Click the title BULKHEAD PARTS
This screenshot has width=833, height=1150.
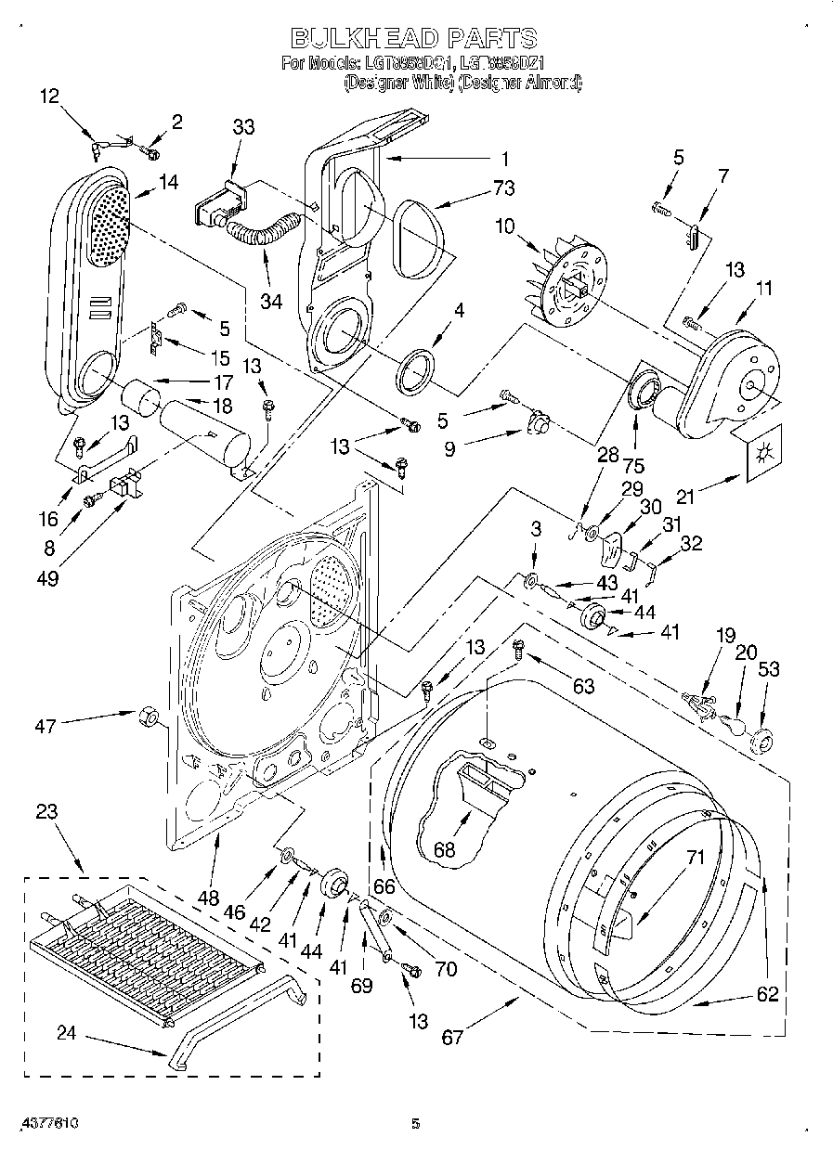415,38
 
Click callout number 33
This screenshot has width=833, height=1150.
243,128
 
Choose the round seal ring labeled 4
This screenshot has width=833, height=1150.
417,368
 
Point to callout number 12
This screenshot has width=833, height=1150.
49,95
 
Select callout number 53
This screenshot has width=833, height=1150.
769,669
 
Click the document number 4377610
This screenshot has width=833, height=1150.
40,1123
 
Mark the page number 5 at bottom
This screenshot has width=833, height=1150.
416,1123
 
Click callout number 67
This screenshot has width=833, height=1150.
452,1038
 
